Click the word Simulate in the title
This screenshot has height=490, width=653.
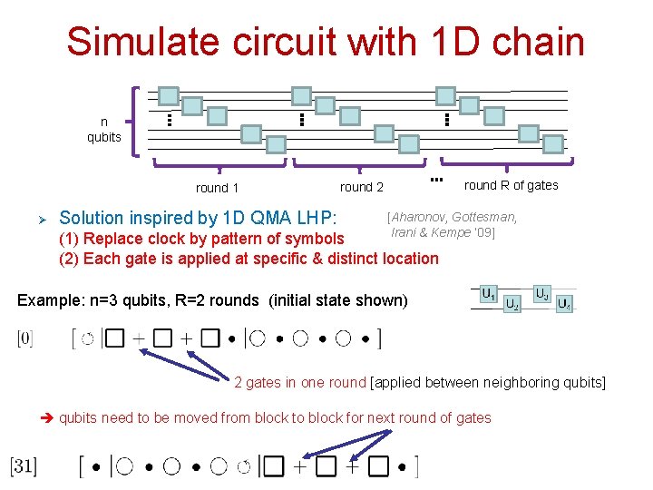128,43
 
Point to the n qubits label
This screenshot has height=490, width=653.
103,130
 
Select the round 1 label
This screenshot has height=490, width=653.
218,188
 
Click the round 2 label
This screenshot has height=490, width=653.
362,187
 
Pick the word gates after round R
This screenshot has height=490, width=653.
541,185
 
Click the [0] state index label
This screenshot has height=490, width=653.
25,338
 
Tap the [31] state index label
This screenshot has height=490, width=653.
24,466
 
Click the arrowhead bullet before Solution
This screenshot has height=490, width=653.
37,219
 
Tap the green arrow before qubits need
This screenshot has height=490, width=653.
49,418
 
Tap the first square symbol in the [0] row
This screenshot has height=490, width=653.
115,338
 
